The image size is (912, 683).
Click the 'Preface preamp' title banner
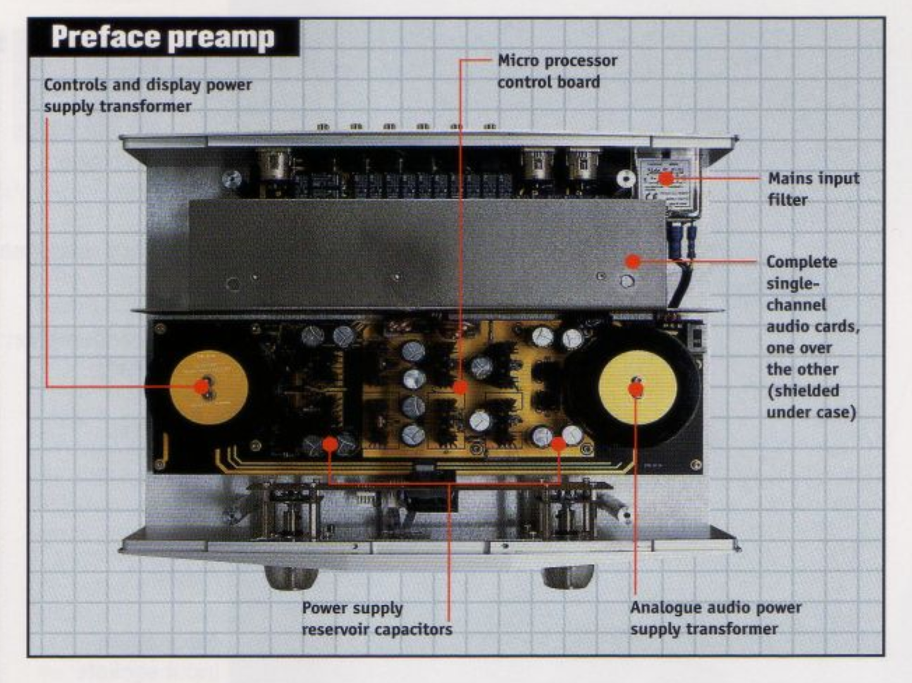[163, 37]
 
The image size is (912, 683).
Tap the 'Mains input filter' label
[813, 188]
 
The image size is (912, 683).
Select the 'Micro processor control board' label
[557, 71]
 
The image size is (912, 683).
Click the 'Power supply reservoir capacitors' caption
[377, 618]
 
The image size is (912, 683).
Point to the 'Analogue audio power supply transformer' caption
[715, 618]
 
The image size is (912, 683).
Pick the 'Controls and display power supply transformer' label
[147, 95]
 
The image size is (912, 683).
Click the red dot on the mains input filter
[666, 179]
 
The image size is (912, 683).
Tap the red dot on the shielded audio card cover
[633, 261]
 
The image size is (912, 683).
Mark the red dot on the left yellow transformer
[202, 386]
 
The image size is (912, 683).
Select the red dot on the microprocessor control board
[460, 386]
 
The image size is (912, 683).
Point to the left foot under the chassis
[291, 576]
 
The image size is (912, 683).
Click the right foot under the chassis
[569, 576]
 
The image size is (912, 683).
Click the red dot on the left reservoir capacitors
[330, 445]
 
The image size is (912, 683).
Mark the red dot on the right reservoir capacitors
[558, 444]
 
